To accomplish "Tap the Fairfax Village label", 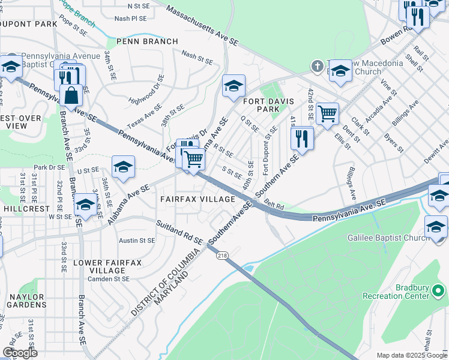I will coord(197,199).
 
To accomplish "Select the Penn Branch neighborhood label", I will coord(148,41).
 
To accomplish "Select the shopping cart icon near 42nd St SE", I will coord(327,113).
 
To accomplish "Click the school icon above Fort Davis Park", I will coord(233,86).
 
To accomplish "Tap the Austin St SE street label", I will coord(137,240).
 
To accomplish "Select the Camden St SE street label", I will coord(109,279).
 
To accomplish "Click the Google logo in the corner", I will coord(20,353).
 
